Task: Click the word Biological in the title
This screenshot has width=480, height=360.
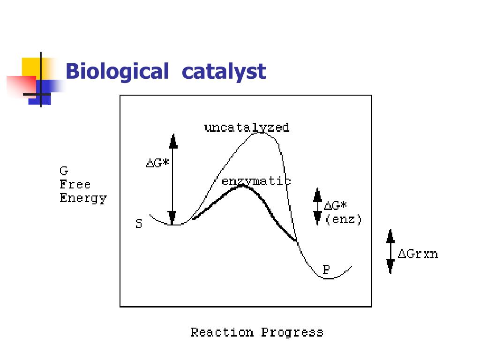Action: (117, 72)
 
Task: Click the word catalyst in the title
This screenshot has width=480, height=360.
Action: (224, 72)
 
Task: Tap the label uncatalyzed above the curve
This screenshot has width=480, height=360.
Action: (247, 127)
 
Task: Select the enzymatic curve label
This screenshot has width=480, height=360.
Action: (256, 181)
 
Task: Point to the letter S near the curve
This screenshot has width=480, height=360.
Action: (139, 224)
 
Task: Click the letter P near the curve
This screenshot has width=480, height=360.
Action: (326, 270)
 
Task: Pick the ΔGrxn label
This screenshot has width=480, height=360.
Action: (418, 255)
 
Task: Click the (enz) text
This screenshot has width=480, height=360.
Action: (344, 219)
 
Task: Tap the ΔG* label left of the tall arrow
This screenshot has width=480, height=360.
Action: (157, 164)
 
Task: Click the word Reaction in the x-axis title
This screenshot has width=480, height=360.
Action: (222, 332)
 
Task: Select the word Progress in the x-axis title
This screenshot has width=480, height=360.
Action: (292, 333)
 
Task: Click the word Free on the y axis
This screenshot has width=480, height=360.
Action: (75, 184)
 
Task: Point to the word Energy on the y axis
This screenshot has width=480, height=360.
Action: (83, 198)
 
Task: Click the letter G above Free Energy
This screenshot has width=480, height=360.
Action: (64, 171)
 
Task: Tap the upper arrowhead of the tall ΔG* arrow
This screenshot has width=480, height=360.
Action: (173, 141)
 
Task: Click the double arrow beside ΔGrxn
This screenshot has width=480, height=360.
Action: (390, 251)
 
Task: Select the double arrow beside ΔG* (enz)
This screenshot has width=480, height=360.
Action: (317, 207)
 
